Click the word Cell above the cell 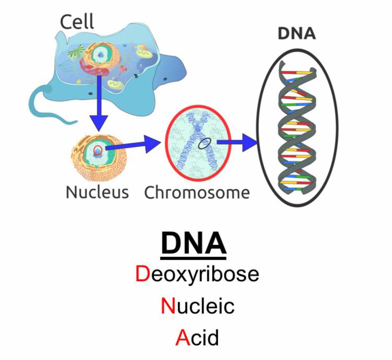point(77,22)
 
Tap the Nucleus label point(97,192)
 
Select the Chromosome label point(197,193)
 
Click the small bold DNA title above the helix point(296,33)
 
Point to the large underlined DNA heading point(194,244)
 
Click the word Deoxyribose point(197,274)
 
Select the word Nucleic point(198,306)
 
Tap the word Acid point(197,337)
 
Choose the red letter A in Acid point(183,337)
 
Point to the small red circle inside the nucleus point(98,150)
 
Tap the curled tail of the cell point(46,104)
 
